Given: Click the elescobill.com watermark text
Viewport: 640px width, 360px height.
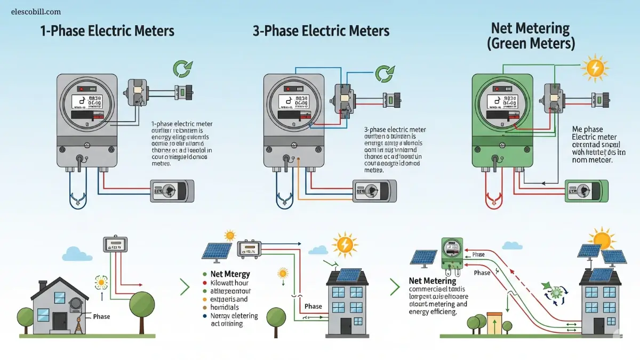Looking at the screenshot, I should [x=36, y=12].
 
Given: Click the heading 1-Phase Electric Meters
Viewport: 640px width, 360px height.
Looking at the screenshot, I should [x=107, y=30].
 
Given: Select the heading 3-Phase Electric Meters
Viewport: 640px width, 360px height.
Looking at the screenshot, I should [x=321, y=30].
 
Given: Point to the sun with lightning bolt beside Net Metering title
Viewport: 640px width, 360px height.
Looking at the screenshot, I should [x=595, y=68].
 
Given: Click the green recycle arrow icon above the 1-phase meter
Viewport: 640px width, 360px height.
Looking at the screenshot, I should [x=182, y=70].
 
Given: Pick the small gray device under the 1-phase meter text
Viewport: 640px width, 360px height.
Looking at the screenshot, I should [x=172, y=191].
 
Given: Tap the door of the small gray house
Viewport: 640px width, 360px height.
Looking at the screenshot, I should [x=59, y=324].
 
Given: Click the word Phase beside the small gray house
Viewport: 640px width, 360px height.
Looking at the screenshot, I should [x=101, y=316].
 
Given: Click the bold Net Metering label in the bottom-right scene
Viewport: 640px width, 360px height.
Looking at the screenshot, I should [x=432, y=281].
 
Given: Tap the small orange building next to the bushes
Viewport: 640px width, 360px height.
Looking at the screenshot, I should [x=495, y=324].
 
